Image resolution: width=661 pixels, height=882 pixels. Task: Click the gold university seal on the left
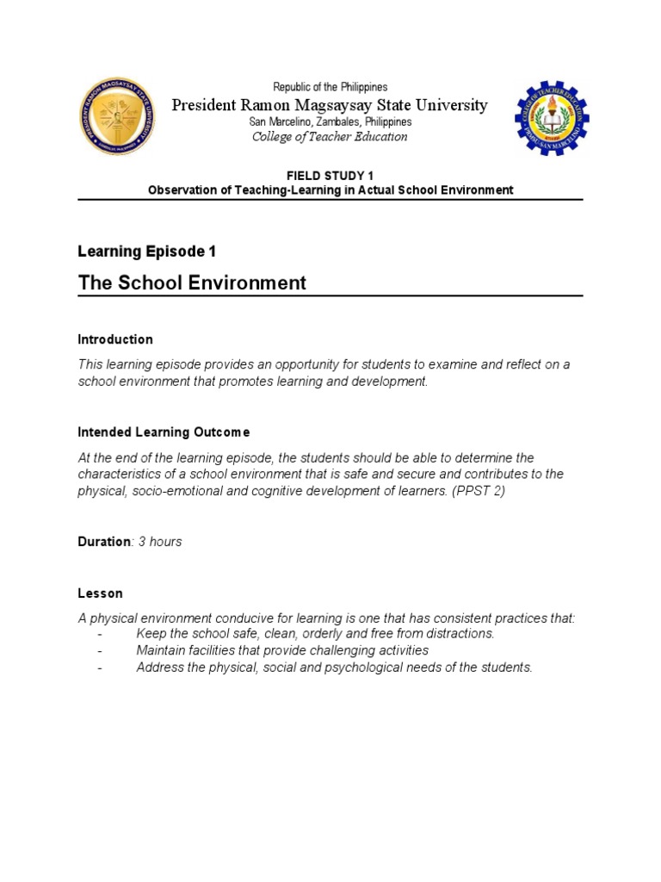(117, 117)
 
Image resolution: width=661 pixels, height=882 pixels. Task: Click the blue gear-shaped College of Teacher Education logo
(553, 118)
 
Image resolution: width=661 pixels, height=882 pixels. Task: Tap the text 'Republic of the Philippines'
(330, 87)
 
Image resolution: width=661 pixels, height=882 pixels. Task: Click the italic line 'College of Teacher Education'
(330, 137)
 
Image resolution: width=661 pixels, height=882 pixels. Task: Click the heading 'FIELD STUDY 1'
(330, 176)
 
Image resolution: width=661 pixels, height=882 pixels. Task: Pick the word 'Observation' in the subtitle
(180, 189)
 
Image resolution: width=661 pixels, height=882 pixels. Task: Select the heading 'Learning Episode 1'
(146, 252)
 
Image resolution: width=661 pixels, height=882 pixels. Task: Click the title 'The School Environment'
(192, 283)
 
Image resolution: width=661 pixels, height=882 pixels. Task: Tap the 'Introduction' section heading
(115, 339)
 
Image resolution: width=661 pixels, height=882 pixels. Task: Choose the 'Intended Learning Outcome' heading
(164, 432)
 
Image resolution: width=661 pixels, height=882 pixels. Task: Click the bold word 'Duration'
(103, 542)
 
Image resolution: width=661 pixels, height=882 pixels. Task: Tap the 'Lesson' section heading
(100, 593)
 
